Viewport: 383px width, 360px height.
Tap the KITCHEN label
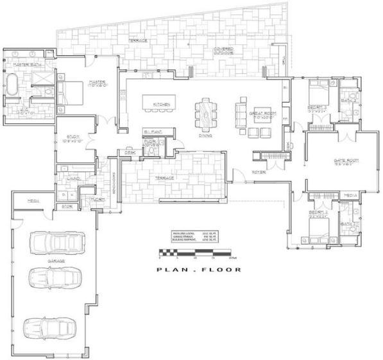point(160,104)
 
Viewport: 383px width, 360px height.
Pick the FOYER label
point(259,172)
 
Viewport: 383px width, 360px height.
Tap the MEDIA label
point(350,194)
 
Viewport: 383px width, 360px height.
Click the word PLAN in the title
point(171,270)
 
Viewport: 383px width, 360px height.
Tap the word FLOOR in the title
point(223,270)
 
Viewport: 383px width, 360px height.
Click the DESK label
point(130,152)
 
